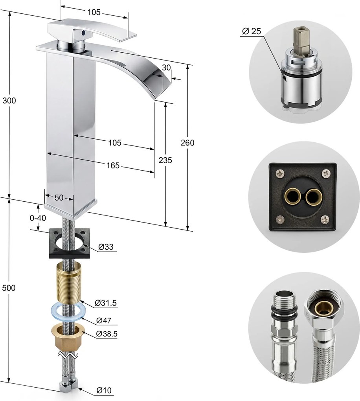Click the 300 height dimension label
coord(9,101)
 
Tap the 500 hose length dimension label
coord(9,288)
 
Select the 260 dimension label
coord(187,143)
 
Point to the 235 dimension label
coord(165,160)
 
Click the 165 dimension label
coord(113,166)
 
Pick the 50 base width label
coord(59,198)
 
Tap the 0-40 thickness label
coord(38,218)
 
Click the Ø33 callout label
coord(106,247)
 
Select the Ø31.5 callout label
coord(106,303)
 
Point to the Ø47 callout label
coord(104,320)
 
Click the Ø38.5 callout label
coord(107,334)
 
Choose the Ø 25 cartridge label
coord(252,31)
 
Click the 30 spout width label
coord(166,68)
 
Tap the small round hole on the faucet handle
coord(83,33)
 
